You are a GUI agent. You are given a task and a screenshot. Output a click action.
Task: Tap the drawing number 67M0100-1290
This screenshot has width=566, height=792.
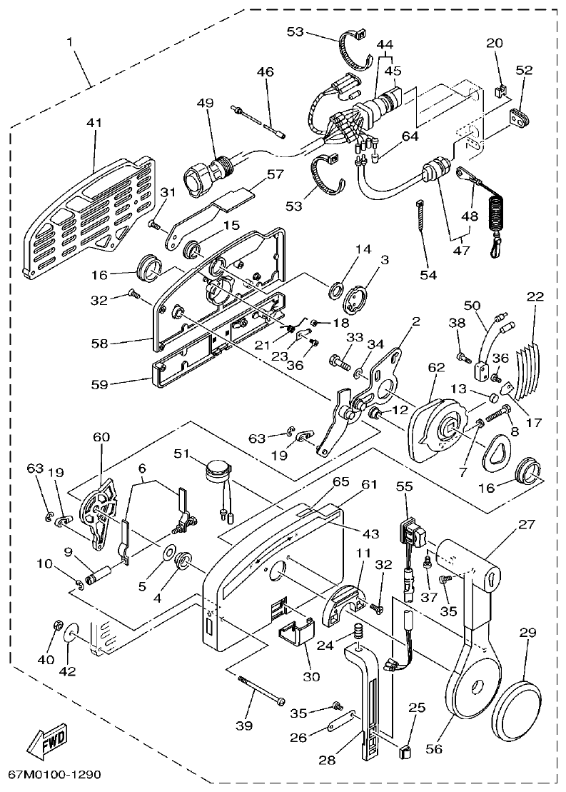point(55,774)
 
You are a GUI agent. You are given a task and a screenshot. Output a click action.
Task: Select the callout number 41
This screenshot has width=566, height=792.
point(94,123)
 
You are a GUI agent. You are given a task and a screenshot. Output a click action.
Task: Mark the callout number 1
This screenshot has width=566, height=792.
point(71,42)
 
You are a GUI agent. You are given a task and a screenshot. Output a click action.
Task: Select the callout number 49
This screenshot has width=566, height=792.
point(206,102)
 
